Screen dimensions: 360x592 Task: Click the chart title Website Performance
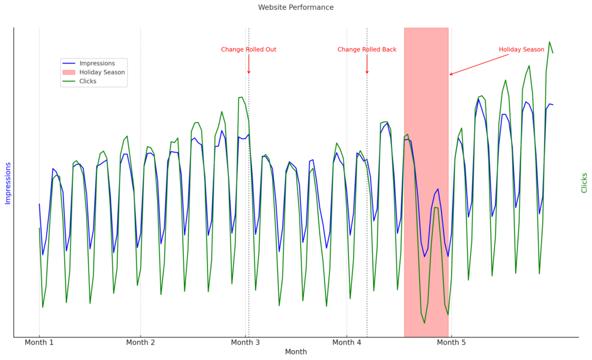tap(295, 8)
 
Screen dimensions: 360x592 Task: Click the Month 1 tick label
tap(39, 343)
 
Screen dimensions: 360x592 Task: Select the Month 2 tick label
tap(140, 343)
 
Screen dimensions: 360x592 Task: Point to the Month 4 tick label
tap(347, 343)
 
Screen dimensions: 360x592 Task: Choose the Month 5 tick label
tap(451, 343)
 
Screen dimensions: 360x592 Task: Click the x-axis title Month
tap(295, 352)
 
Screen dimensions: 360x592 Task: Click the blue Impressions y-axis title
tap(8, 183)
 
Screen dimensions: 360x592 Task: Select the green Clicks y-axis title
tap(584, 183)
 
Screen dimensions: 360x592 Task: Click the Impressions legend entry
tap(97, 64)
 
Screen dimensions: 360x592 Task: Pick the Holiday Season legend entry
tap(102, 72)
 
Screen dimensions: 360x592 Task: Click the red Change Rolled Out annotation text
tap(249, 50)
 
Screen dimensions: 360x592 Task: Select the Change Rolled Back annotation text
tap(367, 50)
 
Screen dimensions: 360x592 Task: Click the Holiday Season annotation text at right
tap(521, 50)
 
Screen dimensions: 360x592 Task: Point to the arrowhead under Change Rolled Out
tap(249, 72)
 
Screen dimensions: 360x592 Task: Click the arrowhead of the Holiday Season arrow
tap(451, 75)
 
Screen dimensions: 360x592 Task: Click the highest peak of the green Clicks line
tap(549, 42)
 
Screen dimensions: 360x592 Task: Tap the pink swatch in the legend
tap(69, 72)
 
